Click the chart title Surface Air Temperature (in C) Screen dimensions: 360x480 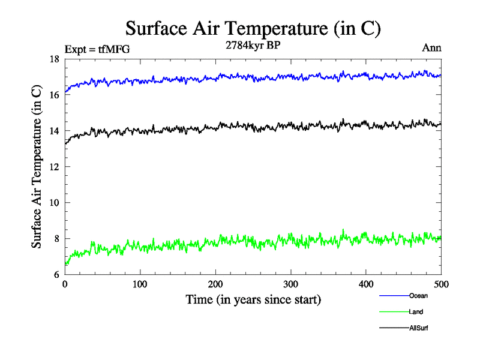[x=253, y=28]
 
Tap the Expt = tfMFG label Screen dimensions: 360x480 [x=97, y=49]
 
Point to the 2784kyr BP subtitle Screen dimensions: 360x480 [x=253, y=46]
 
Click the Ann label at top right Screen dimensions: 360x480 [x=432, y=49]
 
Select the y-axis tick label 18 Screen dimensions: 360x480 [x=53, y=59]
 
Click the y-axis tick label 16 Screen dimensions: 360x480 [x=53, y=95]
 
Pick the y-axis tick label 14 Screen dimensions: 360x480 [x=53, y=131]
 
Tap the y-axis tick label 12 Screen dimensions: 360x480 [x=53, y=167]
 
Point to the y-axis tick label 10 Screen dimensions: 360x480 [x=53, y=203]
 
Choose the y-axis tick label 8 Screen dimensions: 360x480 [x=56, y=239]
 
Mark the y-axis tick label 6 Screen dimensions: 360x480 [x=56, y=275]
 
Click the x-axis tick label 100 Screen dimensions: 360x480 [x=140, y=284]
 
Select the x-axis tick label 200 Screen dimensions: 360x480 [x=215, y=284]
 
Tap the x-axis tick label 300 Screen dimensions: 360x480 [x=291, y=284]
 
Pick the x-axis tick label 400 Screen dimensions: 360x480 [x=366, y=284]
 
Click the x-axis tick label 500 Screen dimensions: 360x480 [x=441, y=284]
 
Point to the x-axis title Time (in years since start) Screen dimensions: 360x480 [x=253, y=299]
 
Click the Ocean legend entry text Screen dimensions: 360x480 [x=418, y=296]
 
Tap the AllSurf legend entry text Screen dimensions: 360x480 [x=419, y=328]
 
